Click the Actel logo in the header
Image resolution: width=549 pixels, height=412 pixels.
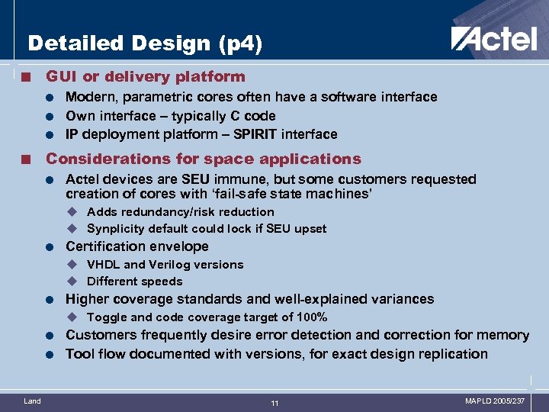tap(493, 38)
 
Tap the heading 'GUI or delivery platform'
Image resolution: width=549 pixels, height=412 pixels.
tap(146, 76)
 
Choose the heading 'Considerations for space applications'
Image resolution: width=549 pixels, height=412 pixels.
tap(204, 159)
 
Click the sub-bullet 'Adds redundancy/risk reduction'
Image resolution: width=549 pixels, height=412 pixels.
tap(181, 212)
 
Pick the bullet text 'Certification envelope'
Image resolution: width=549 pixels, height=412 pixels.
tap(137, 246)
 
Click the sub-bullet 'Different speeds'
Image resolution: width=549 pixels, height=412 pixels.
tap(135, 282)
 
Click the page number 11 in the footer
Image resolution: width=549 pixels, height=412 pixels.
tap(274, 403)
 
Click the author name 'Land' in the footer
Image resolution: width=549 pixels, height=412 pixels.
tap(33, 401)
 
